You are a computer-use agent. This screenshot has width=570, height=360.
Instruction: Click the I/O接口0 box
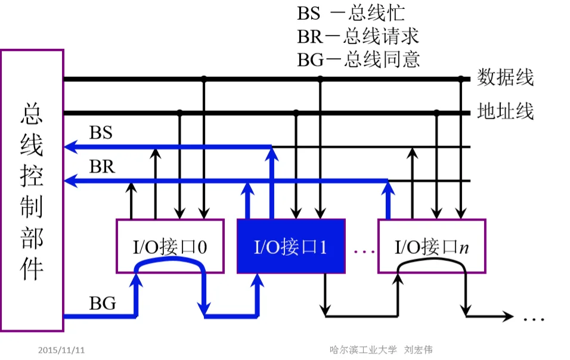(170, 246)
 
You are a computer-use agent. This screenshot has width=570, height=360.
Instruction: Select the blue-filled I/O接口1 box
(291, 246)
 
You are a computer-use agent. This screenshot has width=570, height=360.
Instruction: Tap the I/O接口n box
(432, 246)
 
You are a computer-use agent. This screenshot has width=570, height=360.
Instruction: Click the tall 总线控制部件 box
(32, 190)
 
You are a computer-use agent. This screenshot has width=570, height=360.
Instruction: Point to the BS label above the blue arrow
(101, 132)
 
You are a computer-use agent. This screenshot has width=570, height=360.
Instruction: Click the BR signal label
(101, 167)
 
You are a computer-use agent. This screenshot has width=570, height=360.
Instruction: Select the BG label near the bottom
(103, 304)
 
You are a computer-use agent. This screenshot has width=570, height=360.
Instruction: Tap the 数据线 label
(505, 77)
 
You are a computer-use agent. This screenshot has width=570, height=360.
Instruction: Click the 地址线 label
(505, 111)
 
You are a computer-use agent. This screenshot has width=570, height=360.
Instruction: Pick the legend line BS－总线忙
(359, 13)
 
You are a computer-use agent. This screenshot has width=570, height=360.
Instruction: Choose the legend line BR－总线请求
(358, 36)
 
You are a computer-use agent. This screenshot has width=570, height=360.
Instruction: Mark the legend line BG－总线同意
(358, 59)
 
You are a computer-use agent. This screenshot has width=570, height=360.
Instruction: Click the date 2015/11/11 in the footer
(61, 350)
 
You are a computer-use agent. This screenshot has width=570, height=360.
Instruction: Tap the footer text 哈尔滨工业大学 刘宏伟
(382, 350)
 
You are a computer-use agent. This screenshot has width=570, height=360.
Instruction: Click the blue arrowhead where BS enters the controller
(70, 147)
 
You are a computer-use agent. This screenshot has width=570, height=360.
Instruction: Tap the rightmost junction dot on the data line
(460, 78)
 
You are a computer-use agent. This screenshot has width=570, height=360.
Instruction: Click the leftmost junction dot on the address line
(179, 112)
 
